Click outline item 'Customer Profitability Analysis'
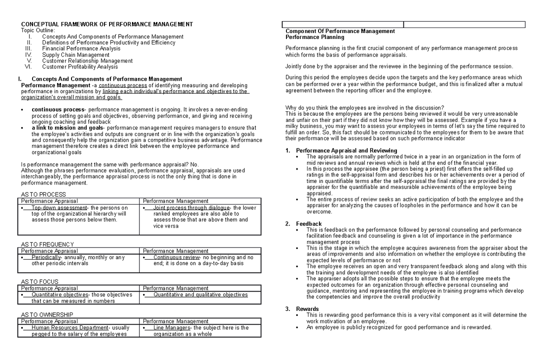[80, 66]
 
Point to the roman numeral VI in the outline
[27, 66]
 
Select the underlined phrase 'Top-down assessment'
[59, 208]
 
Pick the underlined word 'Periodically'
[46, 257]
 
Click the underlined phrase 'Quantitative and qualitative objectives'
[200, 295]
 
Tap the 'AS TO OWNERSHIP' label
[47, 315]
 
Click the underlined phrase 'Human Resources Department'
[69, 328]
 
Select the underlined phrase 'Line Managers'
[172, 328]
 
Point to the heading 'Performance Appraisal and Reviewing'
[346, 150]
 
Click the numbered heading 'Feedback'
[309, 224]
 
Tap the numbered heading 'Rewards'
[308, 309]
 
